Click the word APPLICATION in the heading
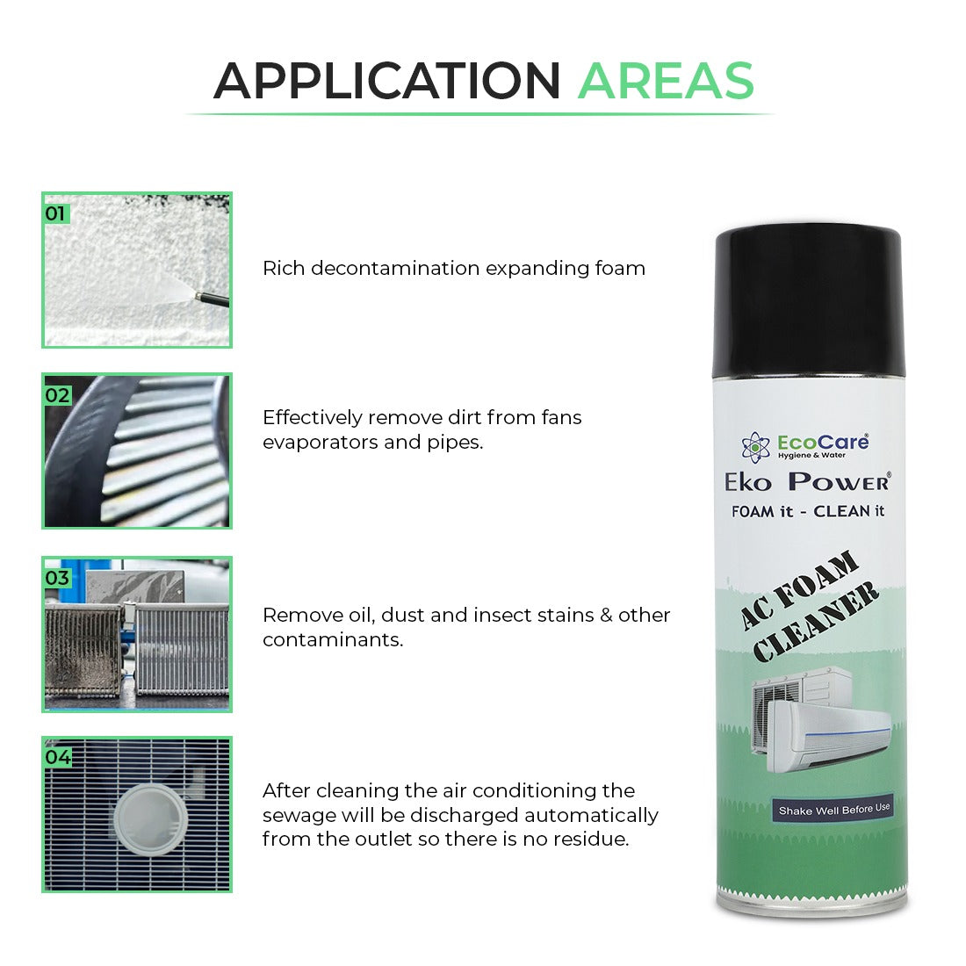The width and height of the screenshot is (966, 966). click(x=386, y=81)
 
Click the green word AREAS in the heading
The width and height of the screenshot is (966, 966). click(x=666, y=81)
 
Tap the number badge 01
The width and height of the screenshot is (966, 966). click(x=55, y=213)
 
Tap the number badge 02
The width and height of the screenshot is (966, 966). click(x=57, y=395)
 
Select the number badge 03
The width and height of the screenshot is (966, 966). click(x=57, y=578)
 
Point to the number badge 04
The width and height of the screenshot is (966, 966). click(x=58, y=757)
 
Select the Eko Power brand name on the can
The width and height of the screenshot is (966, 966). click(x=807, y=481)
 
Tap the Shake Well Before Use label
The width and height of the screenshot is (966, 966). click(x=833, y=809)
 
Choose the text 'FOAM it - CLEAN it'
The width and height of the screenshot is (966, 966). click(x=807, y=511)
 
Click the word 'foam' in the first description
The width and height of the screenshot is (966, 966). click(x=621, y=269)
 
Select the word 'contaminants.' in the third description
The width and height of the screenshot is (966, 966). click(x=333, y=640)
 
